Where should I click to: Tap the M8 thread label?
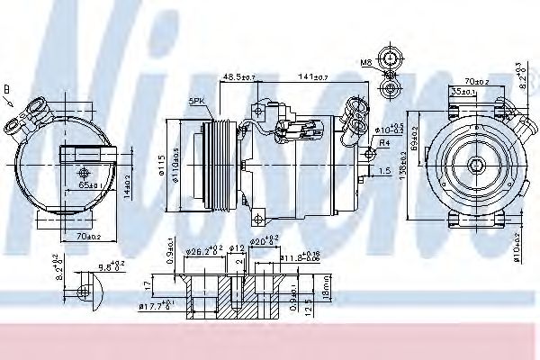coord(367,63)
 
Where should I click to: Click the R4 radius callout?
coord(383,142)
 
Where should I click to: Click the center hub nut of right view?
coord(473,166)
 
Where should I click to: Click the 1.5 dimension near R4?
coord(383,168)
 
